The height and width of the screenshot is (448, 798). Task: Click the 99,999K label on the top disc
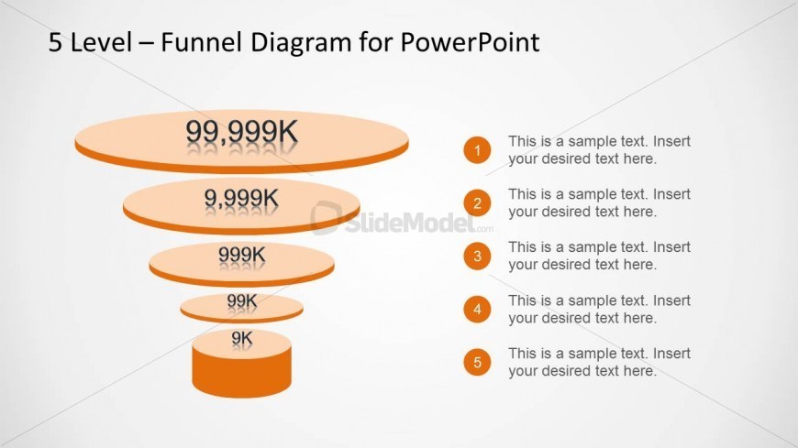[242, 132]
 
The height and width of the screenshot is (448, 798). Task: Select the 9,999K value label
[242, 198]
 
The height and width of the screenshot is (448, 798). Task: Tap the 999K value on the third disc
[242, 255]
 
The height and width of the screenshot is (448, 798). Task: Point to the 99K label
[242, 301]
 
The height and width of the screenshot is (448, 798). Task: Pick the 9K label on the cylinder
[242, 338]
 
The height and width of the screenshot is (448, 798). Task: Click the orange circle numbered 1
[477, 150]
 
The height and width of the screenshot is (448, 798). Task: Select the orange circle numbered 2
[477, 202]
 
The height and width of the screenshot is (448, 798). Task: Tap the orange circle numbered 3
[477, 256]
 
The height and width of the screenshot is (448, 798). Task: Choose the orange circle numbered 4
[477, 309]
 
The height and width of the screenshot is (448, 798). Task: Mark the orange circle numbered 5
[477, 362]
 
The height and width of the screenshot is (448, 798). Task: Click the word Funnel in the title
[201, 42]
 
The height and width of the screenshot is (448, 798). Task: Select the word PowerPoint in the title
[470, 42]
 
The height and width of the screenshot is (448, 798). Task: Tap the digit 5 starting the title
[55, 42]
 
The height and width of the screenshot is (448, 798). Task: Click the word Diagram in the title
[301, 43]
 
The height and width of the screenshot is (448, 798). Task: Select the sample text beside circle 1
[599, 150]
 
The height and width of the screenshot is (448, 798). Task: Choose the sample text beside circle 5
[599, 362]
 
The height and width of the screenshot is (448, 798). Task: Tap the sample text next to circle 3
[599, 256]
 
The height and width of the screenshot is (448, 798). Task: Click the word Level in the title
[101, 42]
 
